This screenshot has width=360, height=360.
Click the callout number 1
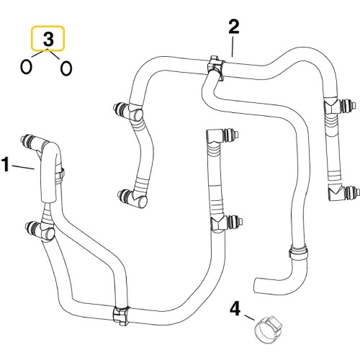[6, 166]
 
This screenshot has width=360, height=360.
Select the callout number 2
[233, 28]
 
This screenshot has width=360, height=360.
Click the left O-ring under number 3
[27, 67]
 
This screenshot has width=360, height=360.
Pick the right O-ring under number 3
[66, 68]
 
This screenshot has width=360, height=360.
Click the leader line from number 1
[24, 167]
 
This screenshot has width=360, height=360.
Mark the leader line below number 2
[231, 48]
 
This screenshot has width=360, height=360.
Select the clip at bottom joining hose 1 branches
[120, 315]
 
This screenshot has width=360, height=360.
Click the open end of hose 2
[257, 283]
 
